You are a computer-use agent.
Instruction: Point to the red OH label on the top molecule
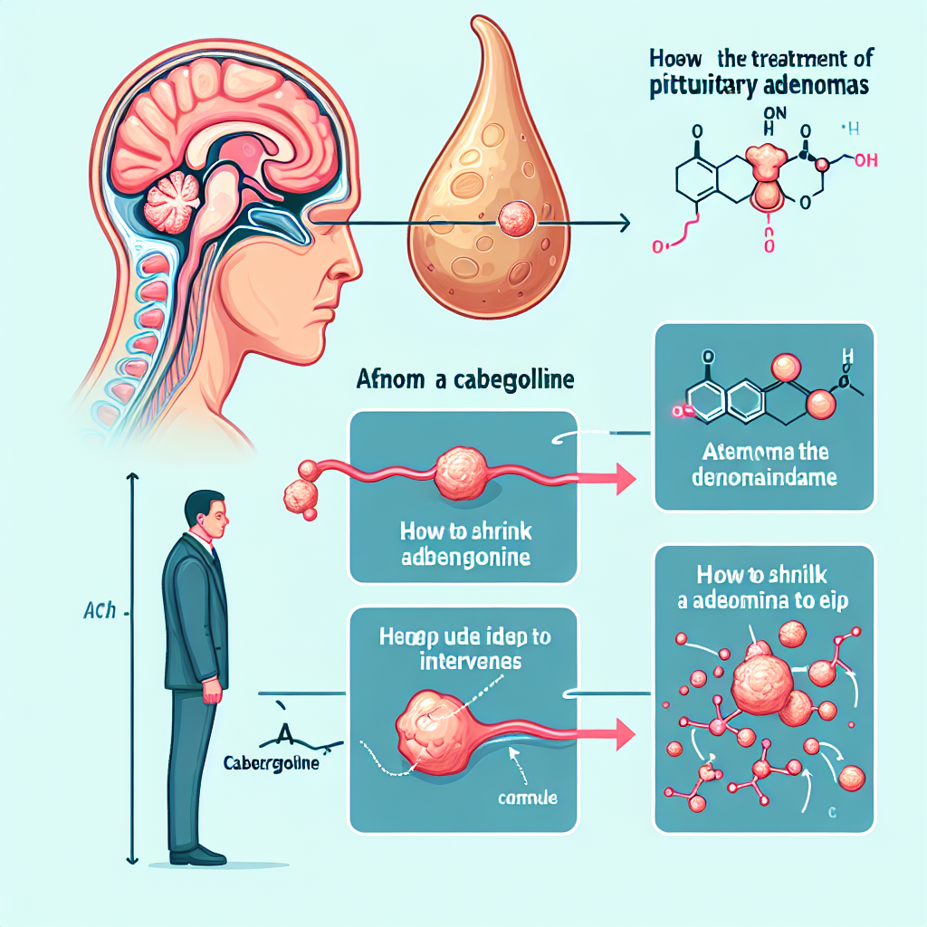pyautogui.click(x=865, y=161)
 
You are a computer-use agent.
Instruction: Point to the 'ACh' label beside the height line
pyautogui.click(x=97, y=611)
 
